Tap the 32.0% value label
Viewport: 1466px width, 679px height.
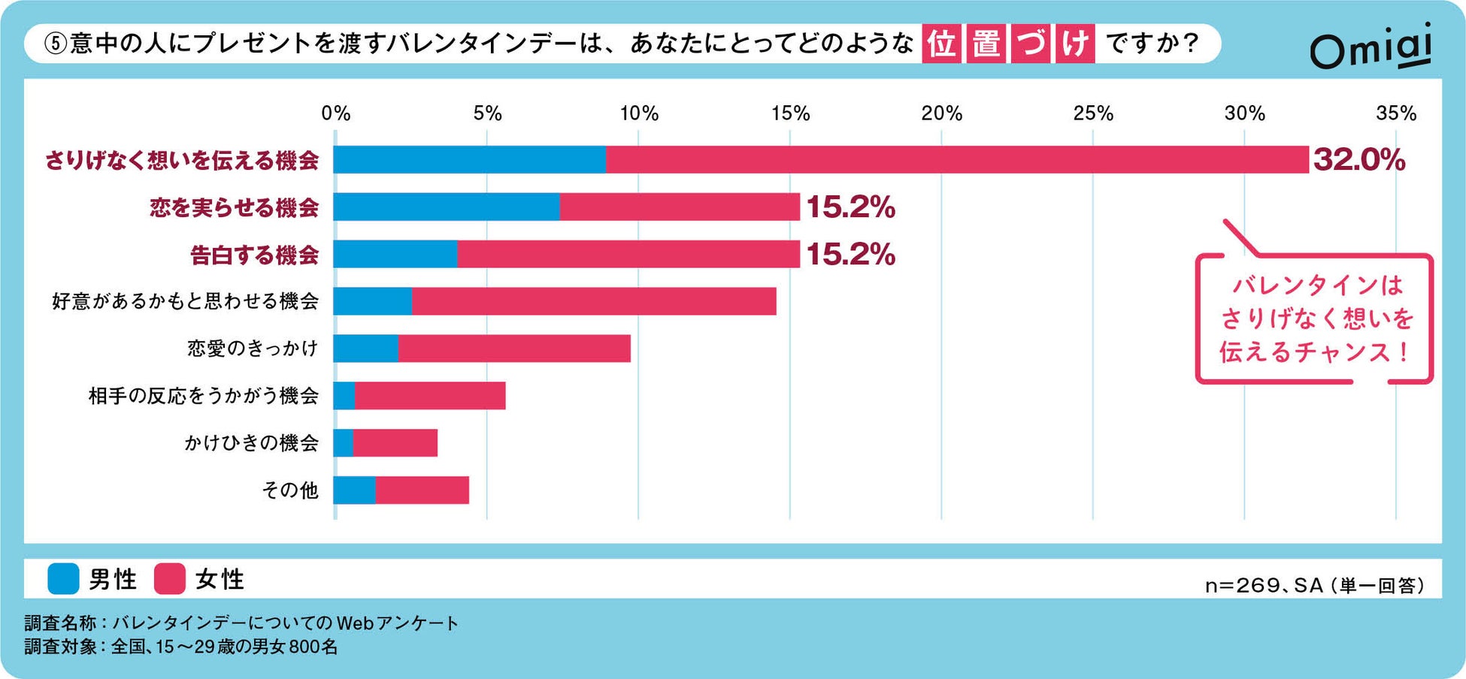(x=1358, y=160)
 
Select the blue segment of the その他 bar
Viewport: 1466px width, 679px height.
(x=354, y=490)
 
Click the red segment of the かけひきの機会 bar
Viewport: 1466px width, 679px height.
(x=395, y=443)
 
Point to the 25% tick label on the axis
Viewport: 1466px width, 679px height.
(x=1092, y=113)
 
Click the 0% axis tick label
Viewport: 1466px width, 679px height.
(x=335, y=113)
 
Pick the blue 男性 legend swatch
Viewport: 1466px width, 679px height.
(x=63, y=579)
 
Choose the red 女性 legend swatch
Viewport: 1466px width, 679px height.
(x=170, y=579)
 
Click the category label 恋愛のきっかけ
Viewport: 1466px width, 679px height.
(x=253, y=349)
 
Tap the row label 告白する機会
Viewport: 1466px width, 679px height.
(x=254, y=255)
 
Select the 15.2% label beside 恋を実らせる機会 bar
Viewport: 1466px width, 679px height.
(x=850, y=207)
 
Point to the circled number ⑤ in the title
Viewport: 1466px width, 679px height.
(x=56, y=44)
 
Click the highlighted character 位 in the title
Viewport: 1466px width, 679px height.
(x=940, y=44)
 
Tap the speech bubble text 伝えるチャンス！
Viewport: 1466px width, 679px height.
(x=1314, y=352)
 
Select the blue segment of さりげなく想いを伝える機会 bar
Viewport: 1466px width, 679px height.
(x=470, y=160)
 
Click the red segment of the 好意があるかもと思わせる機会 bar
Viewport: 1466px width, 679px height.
(x=594, y=301)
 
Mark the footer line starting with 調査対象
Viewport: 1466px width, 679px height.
(x=180, y=646)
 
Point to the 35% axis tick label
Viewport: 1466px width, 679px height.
(x=1395, y=113)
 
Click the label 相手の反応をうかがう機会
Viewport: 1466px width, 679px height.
(x=203, y=396)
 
